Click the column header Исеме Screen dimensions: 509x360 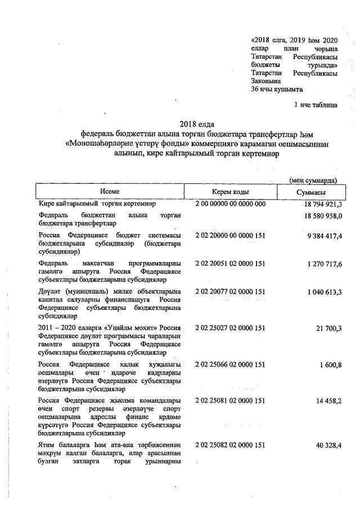coord(114,192)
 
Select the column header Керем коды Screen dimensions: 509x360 coord(231,192)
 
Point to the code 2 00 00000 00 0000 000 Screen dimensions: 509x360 coord(230,204)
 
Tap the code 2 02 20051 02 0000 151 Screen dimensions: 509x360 coord(230,263)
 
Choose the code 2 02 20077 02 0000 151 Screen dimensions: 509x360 coord(230,291)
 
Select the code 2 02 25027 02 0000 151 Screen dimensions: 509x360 coord(230,328)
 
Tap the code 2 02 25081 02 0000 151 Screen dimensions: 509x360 coord(230,401)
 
